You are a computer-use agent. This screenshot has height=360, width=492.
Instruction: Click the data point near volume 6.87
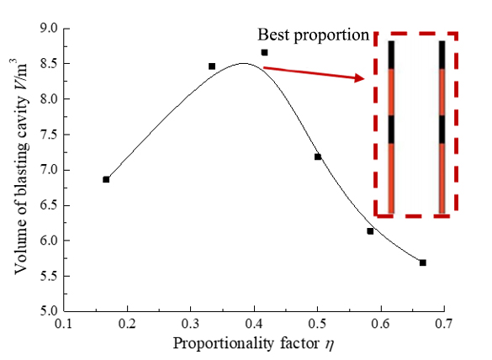tap(106, 179)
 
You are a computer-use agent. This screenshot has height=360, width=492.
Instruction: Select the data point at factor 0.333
tap(212, 66)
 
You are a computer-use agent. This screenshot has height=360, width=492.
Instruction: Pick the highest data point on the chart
tap(265, 52)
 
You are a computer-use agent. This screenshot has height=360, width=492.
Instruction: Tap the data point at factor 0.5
tap(318, 156)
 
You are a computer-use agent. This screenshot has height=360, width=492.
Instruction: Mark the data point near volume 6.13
tap(370, 231)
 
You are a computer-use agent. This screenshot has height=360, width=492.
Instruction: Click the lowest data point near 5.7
tap(423, 262)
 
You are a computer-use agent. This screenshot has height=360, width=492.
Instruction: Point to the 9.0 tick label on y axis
tap(49, 29)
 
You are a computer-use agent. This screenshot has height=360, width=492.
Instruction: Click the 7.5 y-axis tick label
tap(49, 135)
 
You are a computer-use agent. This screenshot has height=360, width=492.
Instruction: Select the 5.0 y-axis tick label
tap(49, 311)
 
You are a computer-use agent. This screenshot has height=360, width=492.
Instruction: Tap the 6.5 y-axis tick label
tap(49, 205)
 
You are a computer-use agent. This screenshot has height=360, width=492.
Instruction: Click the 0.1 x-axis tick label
tap(64, 324)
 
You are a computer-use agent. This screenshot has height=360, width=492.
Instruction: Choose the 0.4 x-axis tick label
tap(254, 324)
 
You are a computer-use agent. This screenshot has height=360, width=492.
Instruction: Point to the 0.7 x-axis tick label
tap(444, 324)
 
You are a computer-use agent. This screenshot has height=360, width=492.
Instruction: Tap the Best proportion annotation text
tap(313, 35)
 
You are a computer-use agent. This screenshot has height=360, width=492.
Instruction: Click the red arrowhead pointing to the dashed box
tap(359, 78)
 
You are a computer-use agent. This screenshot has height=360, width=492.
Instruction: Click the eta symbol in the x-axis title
tap(329, 345)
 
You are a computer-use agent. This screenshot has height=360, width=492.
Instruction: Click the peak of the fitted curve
tap(244, 63)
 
